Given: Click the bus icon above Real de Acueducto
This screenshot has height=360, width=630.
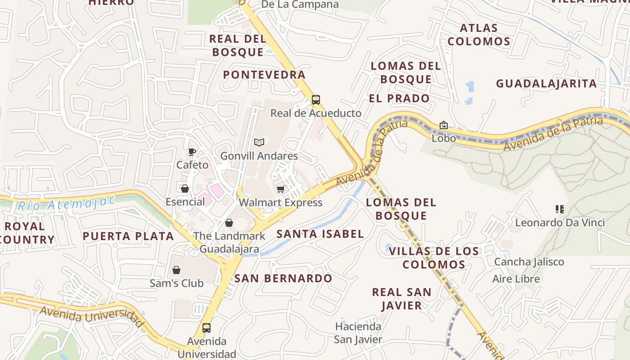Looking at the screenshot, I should coord(316,100).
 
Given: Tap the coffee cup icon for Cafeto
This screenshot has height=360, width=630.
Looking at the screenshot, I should coord(192,152).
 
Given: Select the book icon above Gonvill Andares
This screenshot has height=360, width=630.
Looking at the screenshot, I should coord(259,143).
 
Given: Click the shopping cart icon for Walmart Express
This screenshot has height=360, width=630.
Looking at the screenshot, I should coord(281,189).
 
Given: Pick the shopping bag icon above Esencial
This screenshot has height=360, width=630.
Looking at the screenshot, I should coord(184,189).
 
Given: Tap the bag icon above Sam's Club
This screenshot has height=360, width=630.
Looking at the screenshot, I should coord(176,270).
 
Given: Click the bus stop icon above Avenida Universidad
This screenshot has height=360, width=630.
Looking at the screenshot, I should coord(207,328).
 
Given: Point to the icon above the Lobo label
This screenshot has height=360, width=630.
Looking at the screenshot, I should coord(444,125).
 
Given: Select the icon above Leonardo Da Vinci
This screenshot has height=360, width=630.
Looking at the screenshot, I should coord(560,209).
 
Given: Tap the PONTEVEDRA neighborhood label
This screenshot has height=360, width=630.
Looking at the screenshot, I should coord(264,75).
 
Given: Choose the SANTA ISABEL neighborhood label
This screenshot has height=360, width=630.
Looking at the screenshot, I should coord(320,234).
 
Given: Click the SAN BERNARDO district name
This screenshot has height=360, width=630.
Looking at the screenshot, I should coord(283,279).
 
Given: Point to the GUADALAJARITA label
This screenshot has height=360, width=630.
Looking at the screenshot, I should coord(546,84).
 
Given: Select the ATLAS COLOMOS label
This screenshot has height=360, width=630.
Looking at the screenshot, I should coord(479,35).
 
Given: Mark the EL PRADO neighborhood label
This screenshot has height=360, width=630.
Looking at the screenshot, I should coord(399,99).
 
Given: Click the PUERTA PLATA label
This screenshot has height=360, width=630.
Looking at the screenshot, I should coord(128,236).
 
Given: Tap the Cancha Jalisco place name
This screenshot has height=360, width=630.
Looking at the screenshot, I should coord(529,262).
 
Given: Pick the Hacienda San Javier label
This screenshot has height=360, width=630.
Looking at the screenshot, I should coord(358,333).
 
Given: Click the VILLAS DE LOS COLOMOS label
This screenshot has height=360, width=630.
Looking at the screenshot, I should coord(434,258).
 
